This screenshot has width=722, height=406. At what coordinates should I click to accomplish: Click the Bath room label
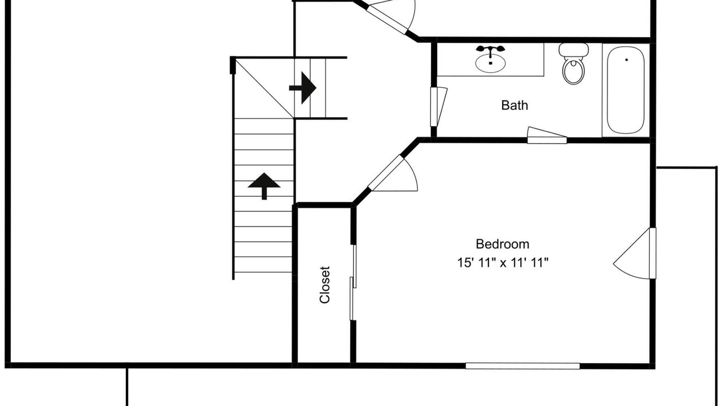514,105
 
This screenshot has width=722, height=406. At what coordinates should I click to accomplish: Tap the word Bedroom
503,244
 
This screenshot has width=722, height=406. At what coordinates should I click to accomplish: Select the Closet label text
324,285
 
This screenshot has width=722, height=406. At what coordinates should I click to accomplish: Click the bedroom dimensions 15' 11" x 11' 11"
503,263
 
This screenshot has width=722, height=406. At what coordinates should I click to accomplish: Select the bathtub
626,90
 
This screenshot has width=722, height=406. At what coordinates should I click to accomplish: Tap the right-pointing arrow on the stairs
303,87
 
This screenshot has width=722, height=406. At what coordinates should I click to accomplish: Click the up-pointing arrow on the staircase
264,186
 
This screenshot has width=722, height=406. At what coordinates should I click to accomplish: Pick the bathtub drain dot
627,60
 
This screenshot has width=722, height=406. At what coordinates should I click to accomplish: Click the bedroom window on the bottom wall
522,366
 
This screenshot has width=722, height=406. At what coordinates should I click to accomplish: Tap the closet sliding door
353,283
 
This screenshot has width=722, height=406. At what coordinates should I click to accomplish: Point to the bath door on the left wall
439,107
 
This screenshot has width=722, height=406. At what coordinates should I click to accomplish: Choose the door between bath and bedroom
547,136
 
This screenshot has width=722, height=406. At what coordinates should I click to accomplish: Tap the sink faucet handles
490,49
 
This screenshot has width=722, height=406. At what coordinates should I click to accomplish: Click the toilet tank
574,50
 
